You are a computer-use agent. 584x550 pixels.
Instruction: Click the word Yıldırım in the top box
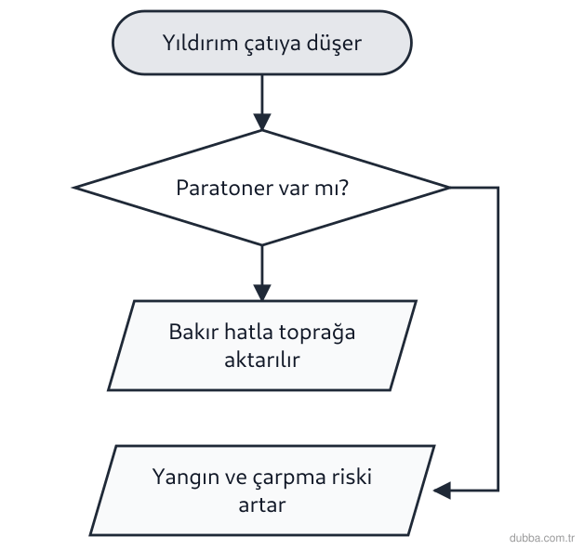click(x=200, y=43)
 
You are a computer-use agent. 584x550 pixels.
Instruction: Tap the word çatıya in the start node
click(x=272, y=44)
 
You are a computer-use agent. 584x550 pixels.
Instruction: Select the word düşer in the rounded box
click(x=334, y=44)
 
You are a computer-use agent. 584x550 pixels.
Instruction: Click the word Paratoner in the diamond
click(x=224, y=188)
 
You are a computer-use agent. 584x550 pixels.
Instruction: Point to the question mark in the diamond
click(x=344, y=187)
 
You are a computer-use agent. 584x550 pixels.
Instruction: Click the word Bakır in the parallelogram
click(x=193, y=331)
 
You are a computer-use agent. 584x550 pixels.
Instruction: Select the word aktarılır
click(x=262, y=360)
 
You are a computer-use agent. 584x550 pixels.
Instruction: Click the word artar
click(x=262, y=505)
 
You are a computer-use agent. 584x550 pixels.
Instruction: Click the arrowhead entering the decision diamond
click(x=262, y=122)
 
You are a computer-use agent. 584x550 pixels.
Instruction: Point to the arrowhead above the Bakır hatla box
click(x=262, y=293)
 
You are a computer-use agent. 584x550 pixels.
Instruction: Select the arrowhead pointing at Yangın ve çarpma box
click(x=442, y=491)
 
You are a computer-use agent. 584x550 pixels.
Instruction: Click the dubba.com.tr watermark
click(x=542, y=538)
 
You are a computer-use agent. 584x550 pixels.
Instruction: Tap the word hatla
click(x=248, y=331)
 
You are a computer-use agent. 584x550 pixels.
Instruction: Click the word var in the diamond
click(x=294, y=189)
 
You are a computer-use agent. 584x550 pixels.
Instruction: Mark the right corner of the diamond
click(x=449, y=188)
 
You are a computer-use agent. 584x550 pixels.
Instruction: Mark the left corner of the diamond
click(x=74, y=188)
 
